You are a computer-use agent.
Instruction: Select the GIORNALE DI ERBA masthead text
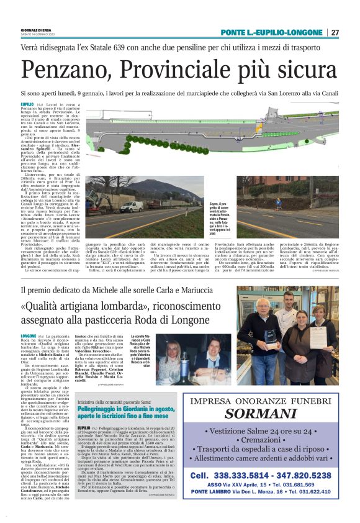point(36,29)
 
